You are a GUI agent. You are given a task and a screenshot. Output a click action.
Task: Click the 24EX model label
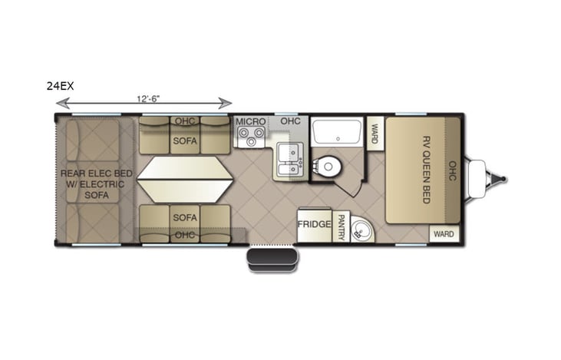60,88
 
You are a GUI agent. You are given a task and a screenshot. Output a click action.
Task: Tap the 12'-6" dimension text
148,98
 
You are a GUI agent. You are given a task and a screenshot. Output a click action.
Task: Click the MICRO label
250,122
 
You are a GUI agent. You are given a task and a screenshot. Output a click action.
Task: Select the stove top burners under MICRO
250,137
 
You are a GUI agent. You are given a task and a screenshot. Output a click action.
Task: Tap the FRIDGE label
314,225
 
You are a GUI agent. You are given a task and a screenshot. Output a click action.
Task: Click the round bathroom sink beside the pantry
361,229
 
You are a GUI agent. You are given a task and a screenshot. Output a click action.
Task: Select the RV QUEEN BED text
426,169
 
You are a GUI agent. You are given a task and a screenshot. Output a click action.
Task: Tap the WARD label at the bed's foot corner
444,233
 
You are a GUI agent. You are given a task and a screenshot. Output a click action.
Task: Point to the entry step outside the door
272,259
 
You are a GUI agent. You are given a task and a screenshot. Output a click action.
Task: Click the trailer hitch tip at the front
503,180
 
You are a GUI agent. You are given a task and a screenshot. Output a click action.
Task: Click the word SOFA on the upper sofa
184,141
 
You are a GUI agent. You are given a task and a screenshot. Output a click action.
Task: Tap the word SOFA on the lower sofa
184,217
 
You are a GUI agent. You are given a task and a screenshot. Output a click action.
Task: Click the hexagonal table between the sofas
184,180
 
